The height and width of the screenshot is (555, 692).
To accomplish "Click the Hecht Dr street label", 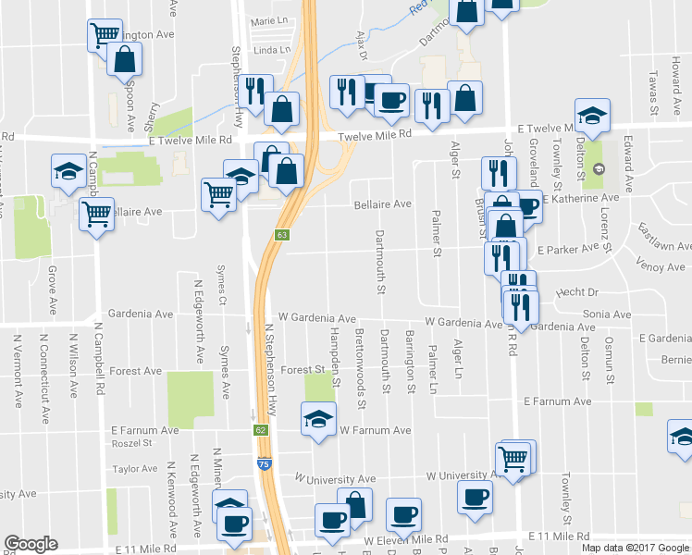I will [578, 293].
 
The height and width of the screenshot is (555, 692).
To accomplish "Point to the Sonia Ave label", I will [607, 314].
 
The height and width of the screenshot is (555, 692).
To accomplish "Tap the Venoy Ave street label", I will [661, 266].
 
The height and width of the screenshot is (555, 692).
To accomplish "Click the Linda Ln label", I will [271, 50].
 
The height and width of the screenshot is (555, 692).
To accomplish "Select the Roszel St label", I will [131, 444].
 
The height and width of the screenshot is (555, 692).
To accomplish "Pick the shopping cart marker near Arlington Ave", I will [104, 35].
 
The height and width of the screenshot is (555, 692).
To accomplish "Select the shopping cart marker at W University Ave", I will [513, 456].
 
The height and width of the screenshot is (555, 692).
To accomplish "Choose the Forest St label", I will [302, 370].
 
